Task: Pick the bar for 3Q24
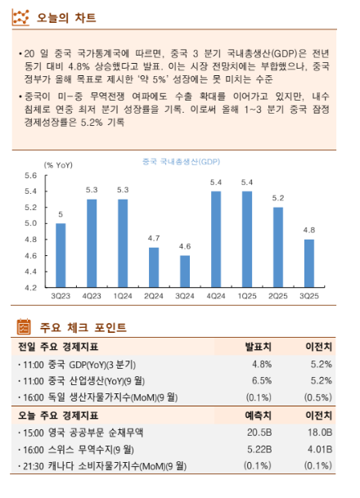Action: (185, 271)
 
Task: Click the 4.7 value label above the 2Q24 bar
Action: (154, 238)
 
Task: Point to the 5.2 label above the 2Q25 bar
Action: (278, 198)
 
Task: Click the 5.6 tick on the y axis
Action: (30, 176)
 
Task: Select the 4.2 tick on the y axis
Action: (30, 288)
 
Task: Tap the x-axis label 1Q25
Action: (247, 295)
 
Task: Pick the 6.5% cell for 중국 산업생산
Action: (262, 380)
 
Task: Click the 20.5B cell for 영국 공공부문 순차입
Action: (259, 433)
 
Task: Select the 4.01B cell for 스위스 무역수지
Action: (318, 449)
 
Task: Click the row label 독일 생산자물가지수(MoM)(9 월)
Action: (97, 397)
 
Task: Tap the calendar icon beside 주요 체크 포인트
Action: (25, 328)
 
